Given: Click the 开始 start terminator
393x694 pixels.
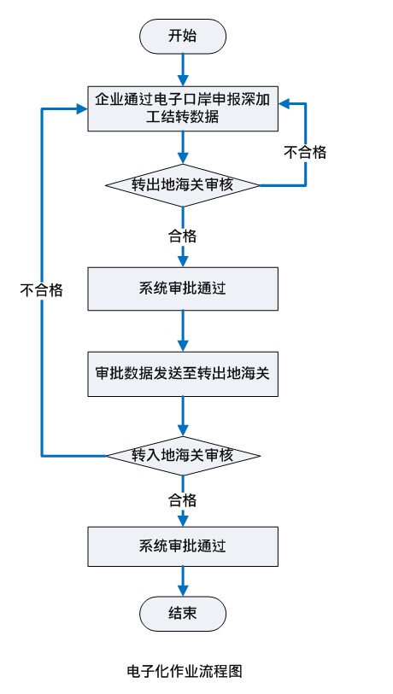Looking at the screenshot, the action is point(183,37).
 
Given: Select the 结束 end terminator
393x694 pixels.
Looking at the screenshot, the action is point(183,614).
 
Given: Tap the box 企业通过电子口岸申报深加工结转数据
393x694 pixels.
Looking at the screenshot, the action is point(183,108).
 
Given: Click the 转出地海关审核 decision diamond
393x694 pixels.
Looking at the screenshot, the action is point(183,185).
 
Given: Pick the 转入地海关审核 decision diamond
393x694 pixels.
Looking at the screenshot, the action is point(183,455).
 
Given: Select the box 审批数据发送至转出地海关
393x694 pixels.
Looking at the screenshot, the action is point(183,374).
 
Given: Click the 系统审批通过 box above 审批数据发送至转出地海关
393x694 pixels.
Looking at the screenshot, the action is point(183,289).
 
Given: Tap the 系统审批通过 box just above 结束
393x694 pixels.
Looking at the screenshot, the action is point(183,546).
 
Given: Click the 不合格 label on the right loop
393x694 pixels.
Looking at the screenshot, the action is point(305,153).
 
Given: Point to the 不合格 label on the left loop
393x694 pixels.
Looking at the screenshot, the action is point(42,290).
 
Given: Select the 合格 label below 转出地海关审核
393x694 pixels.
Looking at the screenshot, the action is point(182,236).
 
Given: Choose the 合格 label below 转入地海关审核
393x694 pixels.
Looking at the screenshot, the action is point(182,500).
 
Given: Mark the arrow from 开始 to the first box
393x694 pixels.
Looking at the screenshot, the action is point(183,70).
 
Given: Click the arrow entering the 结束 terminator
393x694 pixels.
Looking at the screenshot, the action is point(183,581).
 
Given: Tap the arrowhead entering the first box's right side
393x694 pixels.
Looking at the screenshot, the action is point(284,103).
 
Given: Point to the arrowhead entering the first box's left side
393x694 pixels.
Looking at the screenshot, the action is point(82,108).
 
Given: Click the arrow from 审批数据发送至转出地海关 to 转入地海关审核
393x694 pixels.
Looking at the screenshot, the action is point(183,416).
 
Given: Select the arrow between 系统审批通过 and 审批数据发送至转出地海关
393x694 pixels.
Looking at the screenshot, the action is point(183,331).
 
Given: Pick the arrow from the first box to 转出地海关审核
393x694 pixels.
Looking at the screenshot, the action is point(183,148).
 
